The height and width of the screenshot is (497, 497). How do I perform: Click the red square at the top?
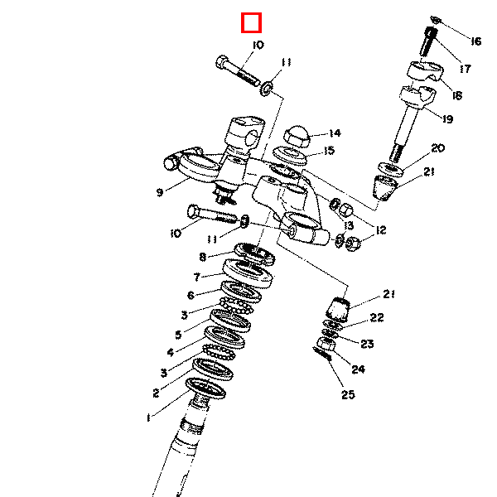tap(251, 23)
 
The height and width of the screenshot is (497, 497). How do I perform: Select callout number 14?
tap(335, 133)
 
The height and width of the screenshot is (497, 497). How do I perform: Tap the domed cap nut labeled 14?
tap(297, 136)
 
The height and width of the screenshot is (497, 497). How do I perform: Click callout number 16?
tap(475, 41)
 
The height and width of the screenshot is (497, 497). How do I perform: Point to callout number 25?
tap(348, 394)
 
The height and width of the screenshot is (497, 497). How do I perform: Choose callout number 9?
tap(160, 192)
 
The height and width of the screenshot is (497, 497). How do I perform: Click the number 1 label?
tap(148, 418)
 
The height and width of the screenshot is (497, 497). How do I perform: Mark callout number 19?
tap(447, 119)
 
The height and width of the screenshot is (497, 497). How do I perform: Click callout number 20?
tap(438, 148)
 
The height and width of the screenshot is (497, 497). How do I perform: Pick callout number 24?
tap(358, 369)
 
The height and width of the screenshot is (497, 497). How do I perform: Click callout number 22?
tap(377, 317)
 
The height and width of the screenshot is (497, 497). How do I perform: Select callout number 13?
tap(349, 225)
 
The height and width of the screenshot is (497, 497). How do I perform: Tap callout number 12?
tap(381, 230)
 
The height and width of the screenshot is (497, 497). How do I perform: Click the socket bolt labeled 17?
tap(429, 41)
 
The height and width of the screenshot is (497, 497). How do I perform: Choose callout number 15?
tap(330, 150)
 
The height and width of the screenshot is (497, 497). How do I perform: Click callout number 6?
tap(191, 296)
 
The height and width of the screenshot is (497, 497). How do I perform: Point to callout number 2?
tap(156, 393)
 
